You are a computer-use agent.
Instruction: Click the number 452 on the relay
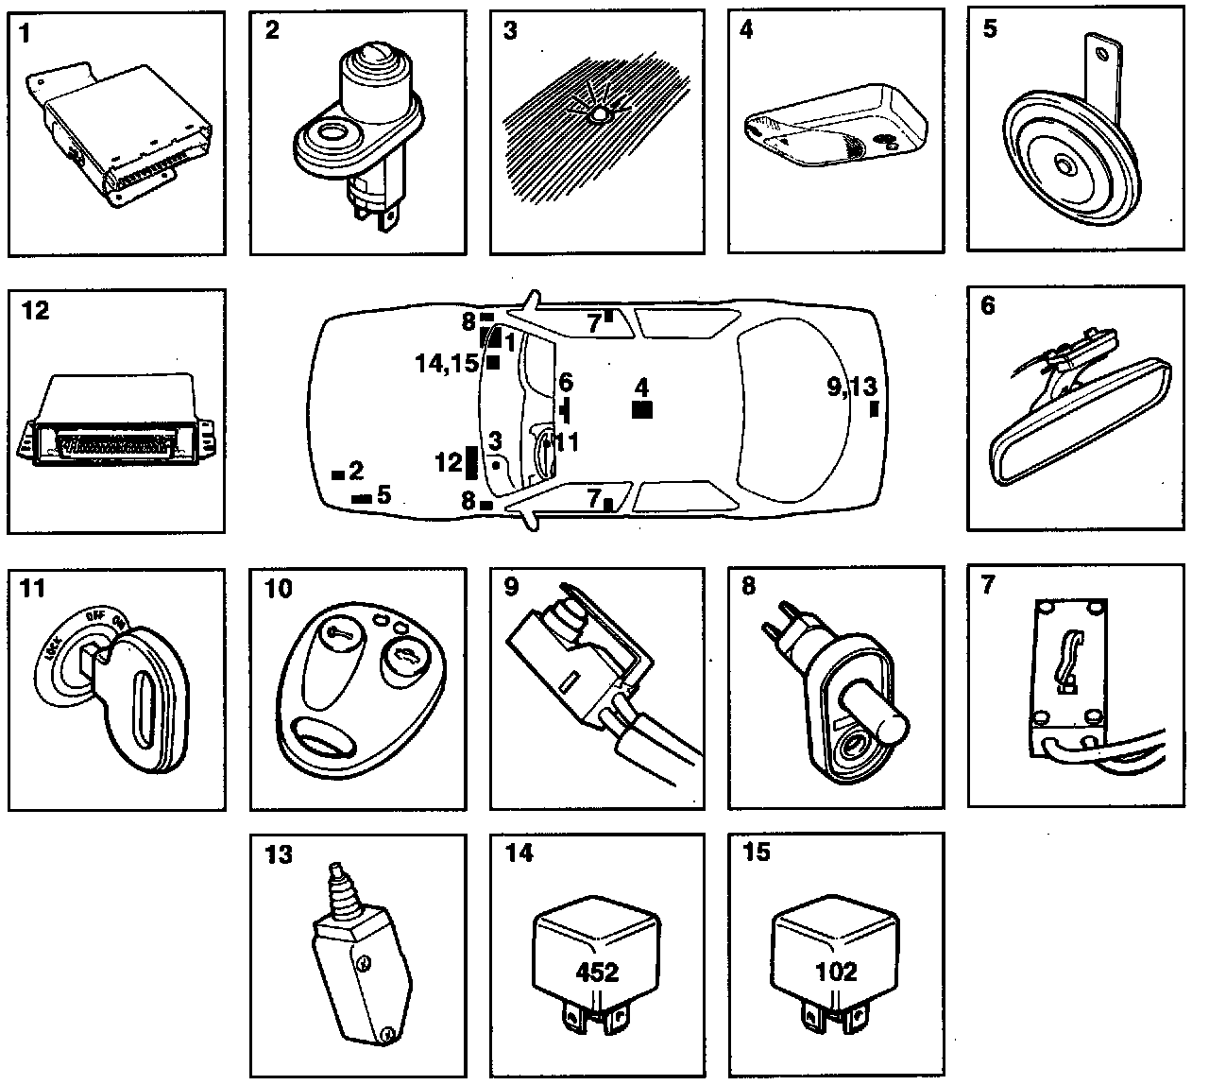point(597,972)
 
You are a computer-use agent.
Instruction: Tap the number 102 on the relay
point(835,972)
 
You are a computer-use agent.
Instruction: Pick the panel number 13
point(279,854)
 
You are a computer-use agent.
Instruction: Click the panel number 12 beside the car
point(450,463)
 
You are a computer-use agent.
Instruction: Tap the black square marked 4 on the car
point(641,409)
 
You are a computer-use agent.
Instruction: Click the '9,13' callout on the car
point(851,386)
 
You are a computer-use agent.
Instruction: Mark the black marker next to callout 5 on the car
point(361,497)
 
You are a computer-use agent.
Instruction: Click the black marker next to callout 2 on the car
point(336,474)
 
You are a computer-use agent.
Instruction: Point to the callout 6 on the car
point(565,383)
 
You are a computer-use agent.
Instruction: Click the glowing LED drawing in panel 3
point(598,114)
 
